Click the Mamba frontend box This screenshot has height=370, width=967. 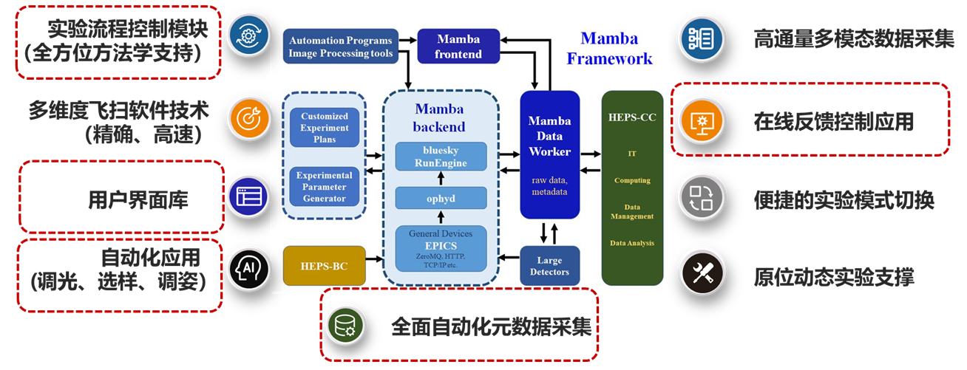point(458,47)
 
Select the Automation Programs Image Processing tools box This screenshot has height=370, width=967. point(341,47)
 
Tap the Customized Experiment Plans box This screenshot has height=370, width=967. point(325,128)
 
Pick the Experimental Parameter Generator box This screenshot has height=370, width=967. point(325,187)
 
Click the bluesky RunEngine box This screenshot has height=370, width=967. point(441,157)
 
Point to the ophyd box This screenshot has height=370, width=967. point(441,198)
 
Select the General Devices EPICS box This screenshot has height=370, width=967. point(441,248)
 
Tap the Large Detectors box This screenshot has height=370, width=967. point(549,266)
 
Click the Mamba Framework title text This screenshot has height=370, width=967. point(610,48)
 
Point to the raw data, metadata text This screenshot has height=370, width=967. point(549,186)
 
